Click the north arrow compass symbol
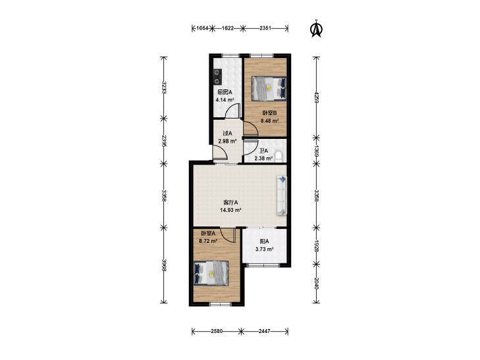[x=317, y=29]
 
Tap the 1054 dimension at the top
[x=202, y=28]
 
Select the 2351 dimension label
[x=265, y=28]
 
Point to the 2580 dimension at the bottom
[x=217, y=331]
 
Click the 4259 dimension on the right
[x=317, y=96]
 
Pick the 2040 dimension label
[x=317, y=283]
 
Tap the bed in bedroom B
[x=269, y=88]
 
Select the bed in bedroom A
[x=211, y=273]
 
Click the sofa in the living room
[x=282, y=195]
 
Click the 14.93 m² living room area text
[x=230, y=210]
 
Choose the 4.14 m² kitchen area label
[x=225, y=100]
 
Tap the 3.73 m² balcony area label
[x=265, y=249]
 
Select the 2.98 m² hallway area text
[x=227, y=141]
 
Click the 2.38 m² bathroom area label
[x=263, y=159]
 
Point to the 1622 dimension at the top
[x=228, y=28]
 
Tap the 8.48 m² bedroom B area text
[x=269, y=121]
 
